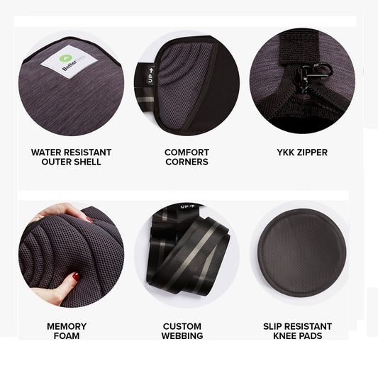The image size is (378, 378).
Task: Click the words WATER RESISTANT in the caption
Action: pyautogui.click(x=71, y=152)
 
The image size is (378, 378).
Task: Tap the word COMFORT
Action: pyautogui.click(x=187, y=152)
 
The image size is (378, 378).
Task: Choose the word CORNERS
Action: pyautogui.click(x=187, y=162)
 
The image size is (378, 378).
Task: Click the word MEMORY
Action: pyautogui.click(x=67, y=326)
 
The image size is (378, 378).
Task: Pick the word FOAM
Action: pyautogui.click(x=67, y=336)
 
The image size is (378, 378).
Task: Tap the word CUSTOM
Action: pyautogui.click(x=182, y=326)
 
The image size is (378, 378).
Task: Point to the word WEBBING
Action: pyautogui.click(x=182, y=336)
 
